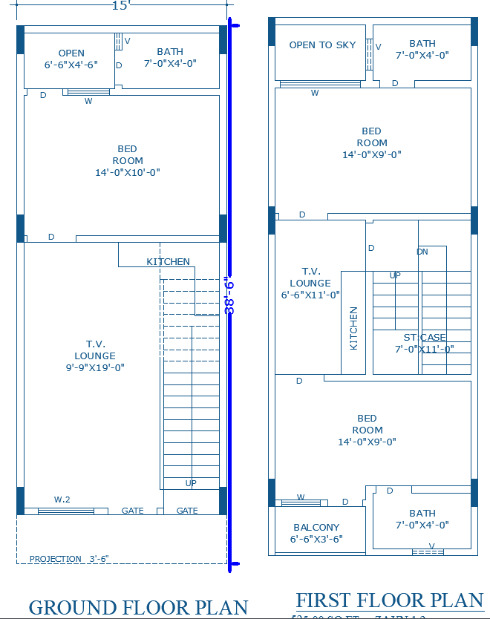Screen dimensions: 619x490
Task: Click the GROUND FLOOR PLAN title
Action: coord(138,607)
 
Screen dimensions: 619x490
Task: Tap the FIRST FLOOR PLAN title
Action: coord(390,600)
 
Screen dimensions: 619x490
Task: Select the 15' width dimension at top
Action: coord(121,6)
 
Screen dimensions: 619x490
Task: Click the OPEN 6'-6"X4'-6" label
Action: coord(71,59)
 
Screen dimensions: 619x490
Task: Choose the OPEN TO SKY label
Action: coord(322,45)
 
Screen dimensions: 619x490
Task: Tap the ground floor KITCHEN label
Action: coord(168,262)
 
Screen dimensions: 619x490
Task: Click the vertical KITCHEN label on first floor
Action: coord(354,328)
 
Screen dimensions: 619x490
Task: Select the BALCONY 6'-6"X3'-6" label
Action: coord(316,534)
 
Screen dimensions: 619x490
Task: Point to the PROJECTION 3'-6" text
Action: coord(69,559)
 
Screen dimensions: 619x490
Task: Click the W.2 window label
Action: coord(62,500)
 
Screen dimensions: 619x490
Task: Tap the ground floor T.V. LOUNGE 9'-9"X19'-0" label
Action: coord(95,356)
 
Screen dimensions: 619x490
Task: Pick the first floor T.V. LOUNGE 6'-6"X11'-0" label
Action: coord(310,283)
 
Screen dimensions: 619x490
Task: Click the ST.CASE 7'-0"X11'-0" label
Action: coord(424,343)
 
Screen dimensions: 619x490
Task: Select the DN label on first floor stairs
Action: coord(422,252)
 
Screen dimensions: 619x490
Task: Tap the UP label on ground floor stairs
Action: coord(191,483)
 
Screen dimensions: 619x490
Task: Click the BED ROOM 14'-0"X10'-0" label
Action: coord(128,160)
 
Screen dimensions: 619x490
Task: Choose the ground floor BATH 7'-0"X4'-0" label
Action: coord(170,57)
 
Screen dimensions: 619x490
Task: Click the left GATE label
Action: coord(132,511)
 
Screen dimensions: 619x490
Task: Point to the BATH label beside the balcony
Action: coord(422,519)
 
